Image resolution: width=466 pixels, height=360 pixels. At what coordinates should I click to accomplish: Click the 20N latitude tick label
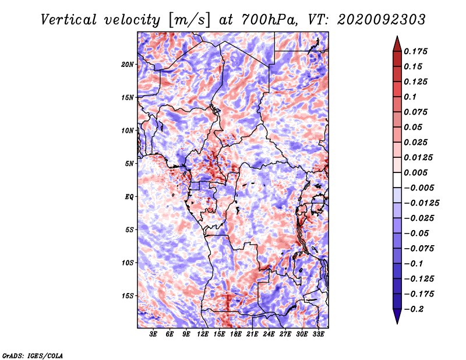[128, 65]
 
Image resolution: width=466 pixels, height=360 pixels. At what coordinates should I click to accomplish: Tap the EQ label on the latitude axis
[129, 197]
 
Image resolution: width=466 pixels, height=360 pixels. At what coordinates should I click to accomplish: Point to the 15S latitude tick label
[128, 296]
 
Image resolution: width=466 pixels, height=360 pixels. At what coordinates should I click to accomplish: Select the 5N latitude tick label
[129, 164]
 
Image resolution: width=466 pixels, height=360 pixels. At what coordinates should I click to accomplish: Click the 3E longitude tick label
[153, 334]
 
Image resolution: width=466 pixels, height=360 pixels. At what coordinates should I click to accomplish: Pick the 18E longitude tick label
[236, 334]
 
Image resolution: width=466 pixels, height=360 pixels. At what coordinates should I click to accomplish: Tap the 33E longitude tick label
[318, 334]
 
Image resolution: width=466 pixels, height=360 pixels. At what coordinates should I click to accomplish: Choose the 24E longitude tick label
[269, 334]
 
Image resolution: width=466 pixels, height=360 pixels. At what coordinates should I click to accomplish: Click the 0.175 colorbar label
[416, 51]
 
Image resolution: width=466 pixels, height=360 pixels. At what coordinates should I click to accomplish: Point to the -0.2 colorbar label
[414, 309]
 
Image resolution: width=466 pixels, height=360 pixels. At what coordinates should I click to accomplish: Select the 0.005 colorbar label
[416, 172]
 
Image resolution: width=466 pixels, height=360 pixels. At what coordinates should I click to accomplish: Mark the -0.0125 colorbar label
[421, 203]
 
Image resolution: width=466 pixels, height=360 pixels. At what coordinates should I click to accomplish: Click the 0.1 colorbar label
[410, 97]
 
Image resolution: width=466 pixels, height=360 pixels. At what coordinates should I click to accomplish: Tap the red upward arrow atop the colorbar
[397, 44]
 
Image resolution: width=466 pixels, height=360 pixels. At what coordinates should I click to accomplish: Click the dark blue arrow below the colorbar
[397, 316]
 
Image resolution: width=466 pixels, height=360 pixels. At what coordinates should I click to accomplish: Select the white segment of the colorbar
[397, 180]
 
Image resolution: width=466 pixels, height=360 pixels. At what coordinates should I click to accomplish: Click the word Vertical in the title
[69, 20]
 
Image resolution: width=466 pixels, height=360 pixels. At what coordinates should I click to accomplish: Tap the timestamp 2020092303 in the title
[382, 20]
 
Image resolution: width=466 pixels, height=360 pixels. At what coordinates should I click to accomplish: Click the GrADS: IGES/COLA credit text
[32, 355]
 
